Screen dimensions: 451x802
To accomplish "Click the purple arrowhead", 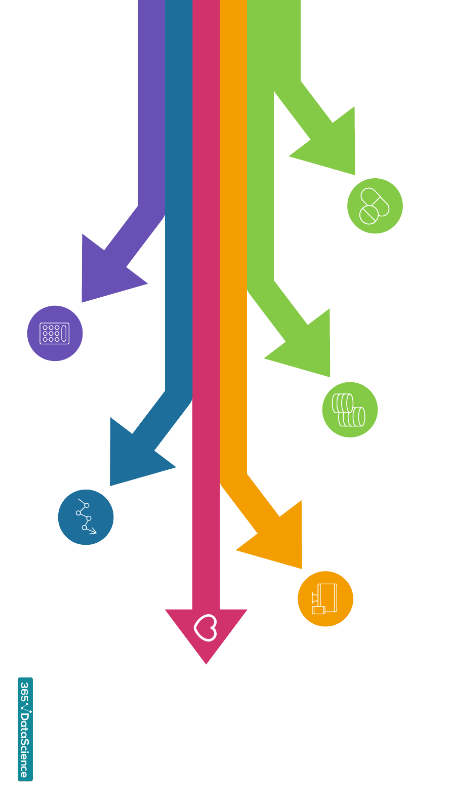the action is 104,273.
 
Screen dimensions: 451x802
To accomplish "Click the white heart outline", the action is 206,628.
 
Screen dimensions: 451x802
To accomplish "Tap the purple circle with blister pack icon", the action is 55,333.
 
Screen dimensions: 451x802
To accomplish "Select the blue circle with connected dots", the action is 86,517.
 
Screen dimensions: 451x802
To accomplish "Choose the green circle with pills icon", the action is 375,206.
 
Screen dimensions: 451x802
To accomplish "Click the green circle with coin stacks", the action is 350,410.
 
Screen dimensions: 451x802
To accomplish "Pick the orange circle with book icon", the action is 325,598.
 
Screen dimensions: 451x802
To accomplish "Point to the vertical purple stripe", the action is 151,101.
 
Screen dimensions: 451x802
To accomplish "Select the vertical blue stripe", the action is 179,203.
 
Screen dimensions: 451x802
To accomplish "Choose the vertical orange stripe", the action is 233,253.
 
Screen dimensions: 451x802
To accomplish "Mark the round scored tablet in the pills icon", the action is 368,215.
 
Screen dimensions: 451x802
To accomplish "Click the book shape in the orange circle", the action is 327,597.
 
